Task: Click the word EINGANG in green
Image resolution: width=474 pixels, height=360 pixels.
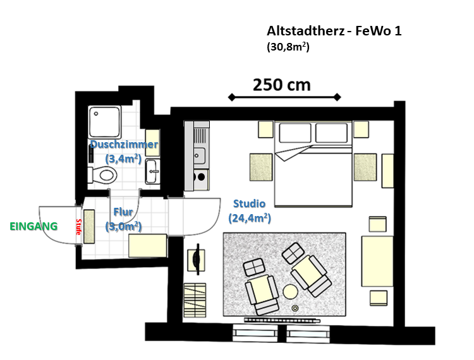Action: coord(33,226)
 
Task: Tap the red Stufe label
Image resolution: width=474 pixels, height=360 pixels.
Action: coord(78,227)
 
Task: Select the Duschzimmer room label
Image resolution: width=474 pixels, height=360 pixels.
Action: coord(123,145)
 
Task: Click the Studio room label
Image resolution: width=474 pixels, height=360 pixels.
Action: coord(249,204)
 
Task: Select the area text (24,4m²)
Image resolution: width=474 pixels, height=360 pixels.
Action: coord(249,219)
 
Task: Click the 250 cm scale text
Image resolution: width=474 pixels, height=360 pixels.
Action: coord(282,85)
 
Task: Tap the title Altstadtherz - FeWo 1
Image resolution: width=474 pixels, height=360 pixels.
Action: coord(334,31)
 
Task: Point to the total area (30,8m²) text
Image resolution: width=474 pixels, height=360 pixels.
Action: coord(288,46)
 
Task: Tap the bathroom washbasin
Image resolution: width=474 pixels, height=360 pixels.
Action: coord(153,170)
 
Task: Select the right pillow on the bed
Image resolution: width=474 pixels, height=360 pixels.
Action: coord(331,133)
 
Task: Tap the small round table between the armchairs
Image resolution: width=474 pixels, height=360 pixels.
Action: coord(290,292)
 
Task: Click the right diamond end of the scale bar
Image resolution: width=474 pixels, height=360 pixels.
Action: coord(338,97)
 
